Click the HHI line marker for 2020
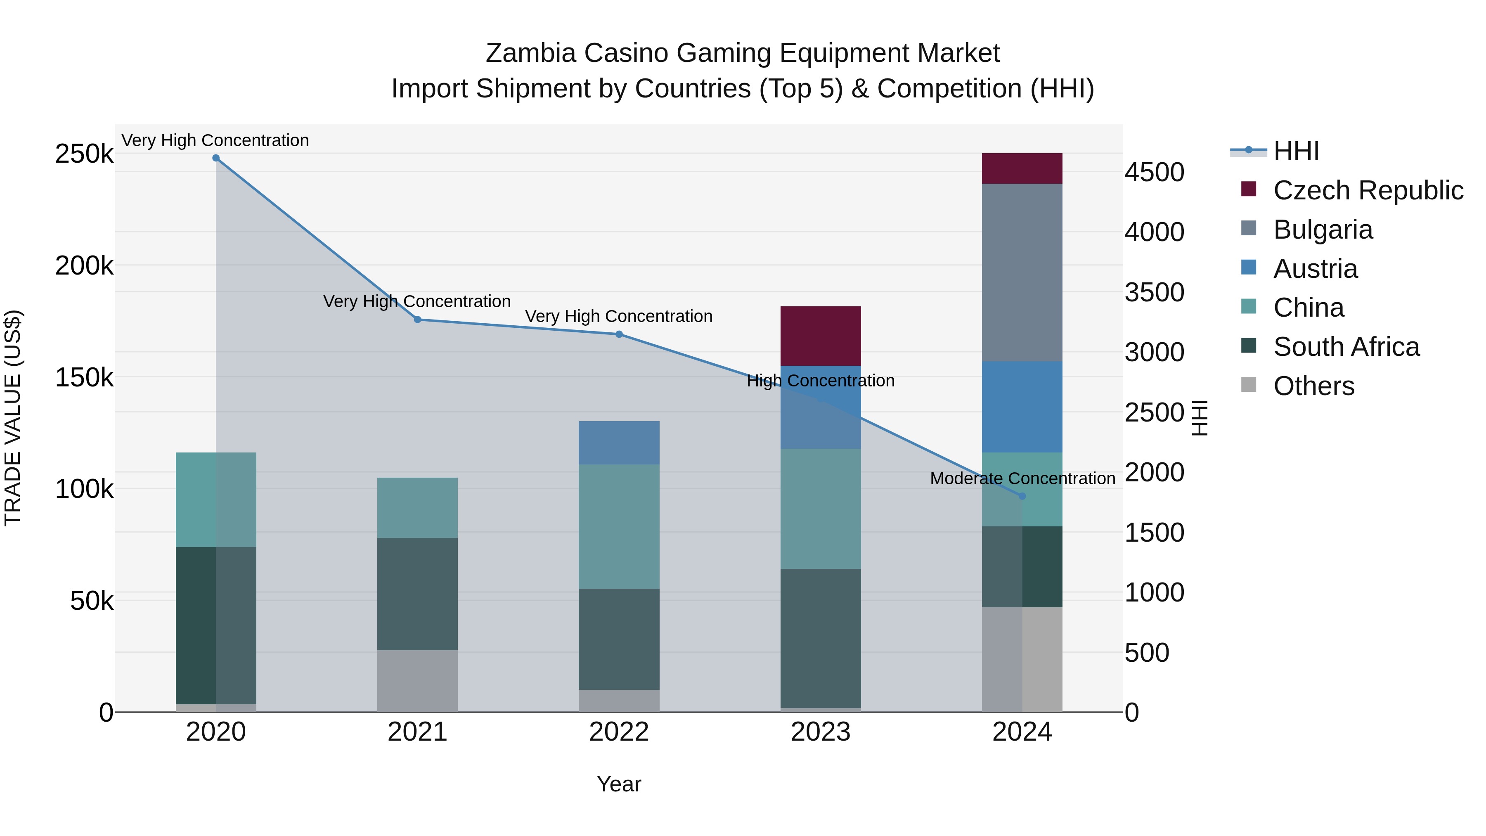point(216,158)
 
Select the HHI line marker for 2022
point(619,334)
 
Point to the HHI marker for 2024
point(1022,496)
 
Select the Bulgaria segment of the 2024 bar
point(1022,272)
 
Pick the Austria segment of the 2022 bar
point(619,443)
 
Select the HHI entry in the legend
point(1296,151)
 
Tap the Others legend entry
point(1313,386)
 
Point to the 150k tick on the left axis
point(84,378)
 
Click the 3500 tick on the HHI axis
point(1154,293)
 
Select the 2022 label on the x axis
point(619,732)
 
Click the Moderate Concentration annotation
point(1022,478)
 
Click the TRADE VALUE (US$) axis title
point(13,418)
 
